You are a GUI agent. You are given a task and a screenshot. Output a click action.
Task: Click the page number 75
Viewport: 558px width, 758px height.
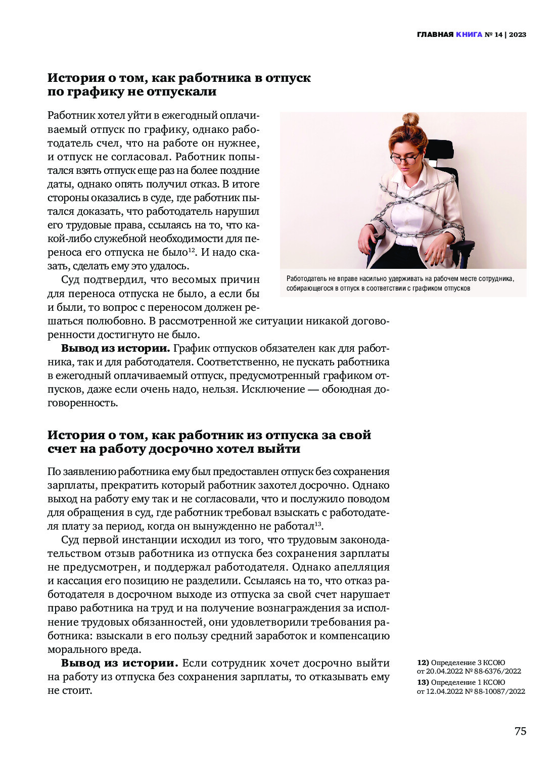520,731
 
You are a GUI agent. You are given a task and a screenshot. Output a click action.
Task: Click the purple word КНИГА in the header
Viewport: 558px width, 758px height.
469,35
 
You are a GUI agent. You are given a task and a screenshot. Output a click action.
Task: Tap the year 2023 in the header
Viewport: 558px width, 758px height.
518,35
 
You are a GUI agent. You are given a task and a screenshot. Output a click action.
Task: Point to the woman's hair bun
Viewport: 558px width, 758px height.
411,120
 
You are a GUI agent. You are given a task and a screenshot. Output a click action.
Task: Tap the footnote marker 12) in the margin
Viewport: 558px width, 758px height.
423,662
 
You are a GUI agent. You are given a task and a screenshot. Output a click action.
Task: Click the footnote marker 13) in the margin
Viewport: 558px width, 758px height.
423,682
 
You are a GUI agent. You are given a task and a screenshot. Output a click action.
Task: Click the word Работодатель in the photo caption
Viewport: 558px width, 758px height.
308,278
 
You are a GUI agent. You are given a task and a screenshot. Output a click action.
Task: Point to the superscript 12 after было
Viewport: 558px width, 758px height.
192,250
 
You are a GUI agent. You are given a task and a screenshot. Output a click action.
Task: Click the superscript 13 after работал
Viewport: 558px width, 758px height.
318,524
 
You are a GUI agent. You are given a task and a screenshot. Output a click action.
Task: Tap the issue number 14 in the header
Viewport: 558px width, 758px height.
499,35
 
